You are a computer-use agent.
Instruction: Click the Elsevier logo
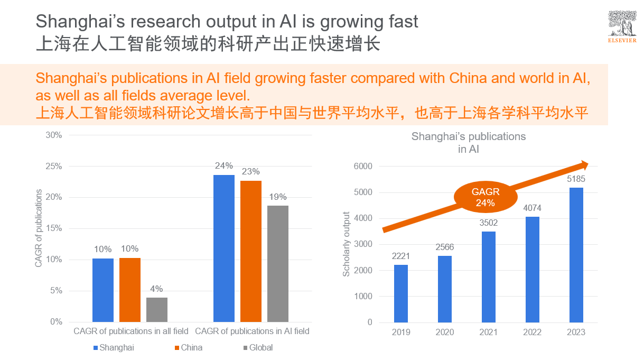[621, 27]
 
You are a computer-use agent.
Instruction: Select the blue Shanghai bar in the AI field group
[224, 248]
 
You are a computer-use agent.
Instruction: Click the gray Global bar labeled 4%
[157, 309]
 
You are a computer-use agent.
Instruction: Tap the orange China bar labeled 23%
[251, 251]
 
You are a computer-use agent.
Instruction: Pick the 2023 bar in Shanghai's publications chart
[576, 255]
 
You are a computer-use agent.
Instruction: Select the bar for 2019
[401, 293]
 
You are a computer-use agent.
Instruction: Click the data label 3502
[489, 223]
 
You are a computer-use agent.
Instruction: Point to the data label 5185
[576, 179]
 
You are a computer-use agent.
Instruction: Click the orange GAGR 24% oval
[485, 197]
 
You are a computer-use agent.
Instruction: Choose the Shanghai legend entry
[113, 347]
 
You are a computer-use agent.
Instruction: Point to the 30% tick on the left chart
[54, 135]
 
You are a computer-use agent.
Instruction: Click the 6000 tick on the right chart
[363, 166]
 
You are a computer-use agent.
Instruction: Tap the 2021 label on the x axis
[489, 332]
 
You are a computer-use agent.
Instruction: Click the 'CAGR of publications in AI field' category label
[252, 331]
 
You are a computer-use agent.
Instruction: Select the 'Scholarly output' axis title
[347, 244]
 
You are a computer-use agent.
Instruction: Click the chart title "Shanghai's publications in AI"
[469, 143]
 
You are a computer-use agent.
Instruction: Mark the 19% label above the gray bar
[278, 197]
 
